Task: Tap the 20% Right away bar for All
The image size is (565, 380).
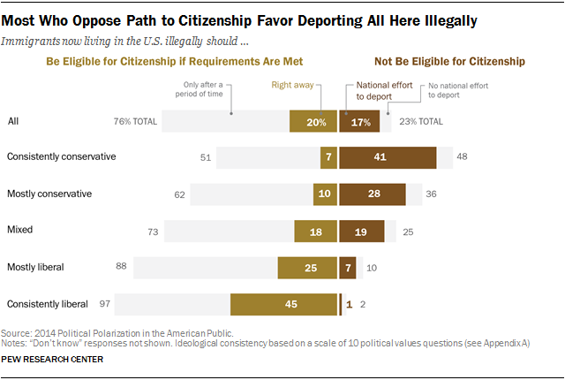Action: click(x=313, y=121)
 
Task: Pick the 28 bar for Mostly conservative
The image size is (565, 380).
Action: click(x=372, y=194)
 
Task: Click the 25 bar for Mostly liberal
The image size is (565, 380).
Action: click(x=306, y=267)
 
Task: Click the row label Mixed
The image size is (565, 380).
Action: click(x=20, y=230)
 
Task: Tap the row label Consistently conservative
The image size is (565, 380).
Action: click(x=61, y=156)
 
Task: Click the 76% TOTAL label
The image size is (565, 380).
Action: click(x=132, y=121)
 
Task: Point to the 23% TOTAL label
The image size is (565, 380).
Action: click(x=422, y=121)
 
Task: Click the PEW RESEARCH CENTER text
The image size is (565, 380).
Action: click(x=54, y=361)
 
